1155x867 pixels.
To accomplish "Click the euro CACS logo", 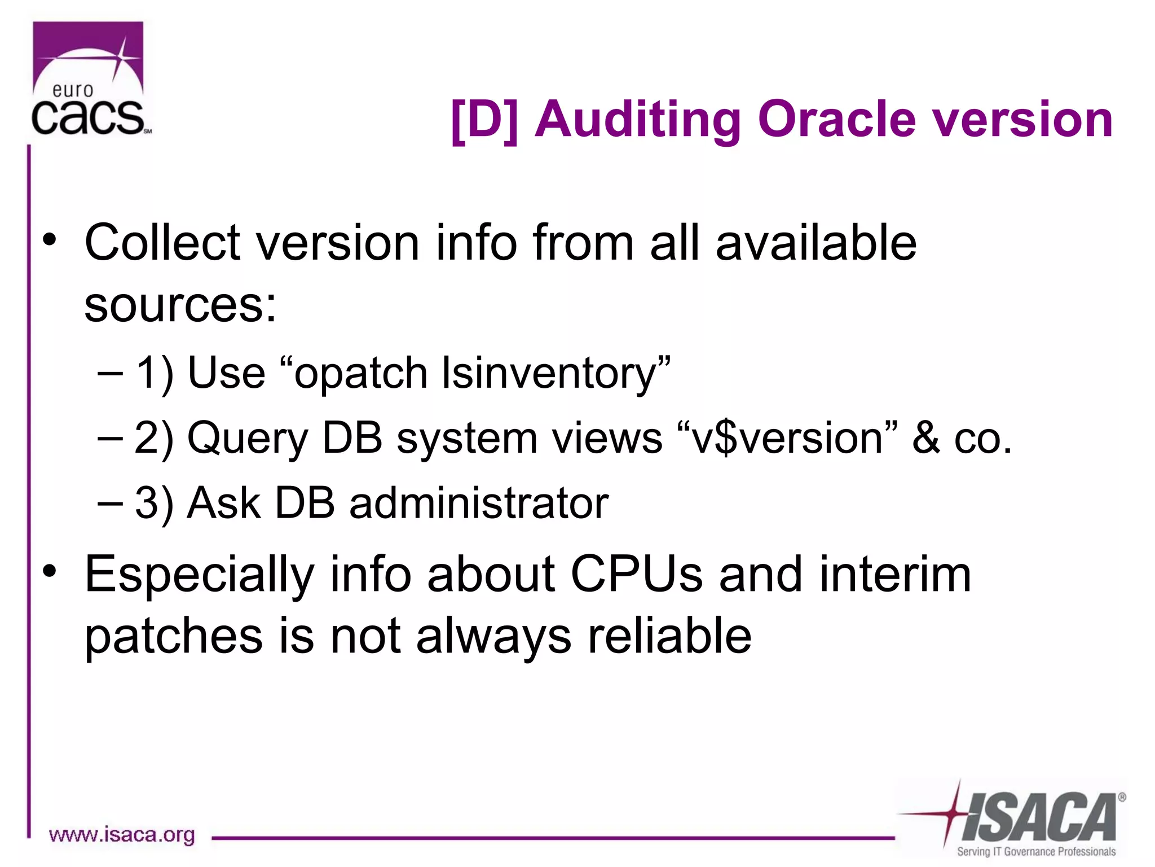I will coord(89,79).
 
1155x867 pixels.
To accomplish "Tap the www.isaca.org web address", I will coord(122,835).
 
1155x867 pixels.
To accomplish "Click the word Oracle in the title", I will coord(836,120).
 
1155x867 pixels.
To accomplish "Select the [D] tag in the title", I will coord(484,120).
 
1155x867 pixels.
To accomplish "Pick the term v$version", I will coord(787,439).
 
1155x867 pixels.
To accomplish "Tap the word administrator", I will coord(479,503).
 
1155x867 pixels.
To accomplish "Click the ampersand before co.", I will coord(926,439).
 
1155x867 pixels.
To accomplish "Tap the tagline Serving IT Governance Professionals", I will coord(1035,852).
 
